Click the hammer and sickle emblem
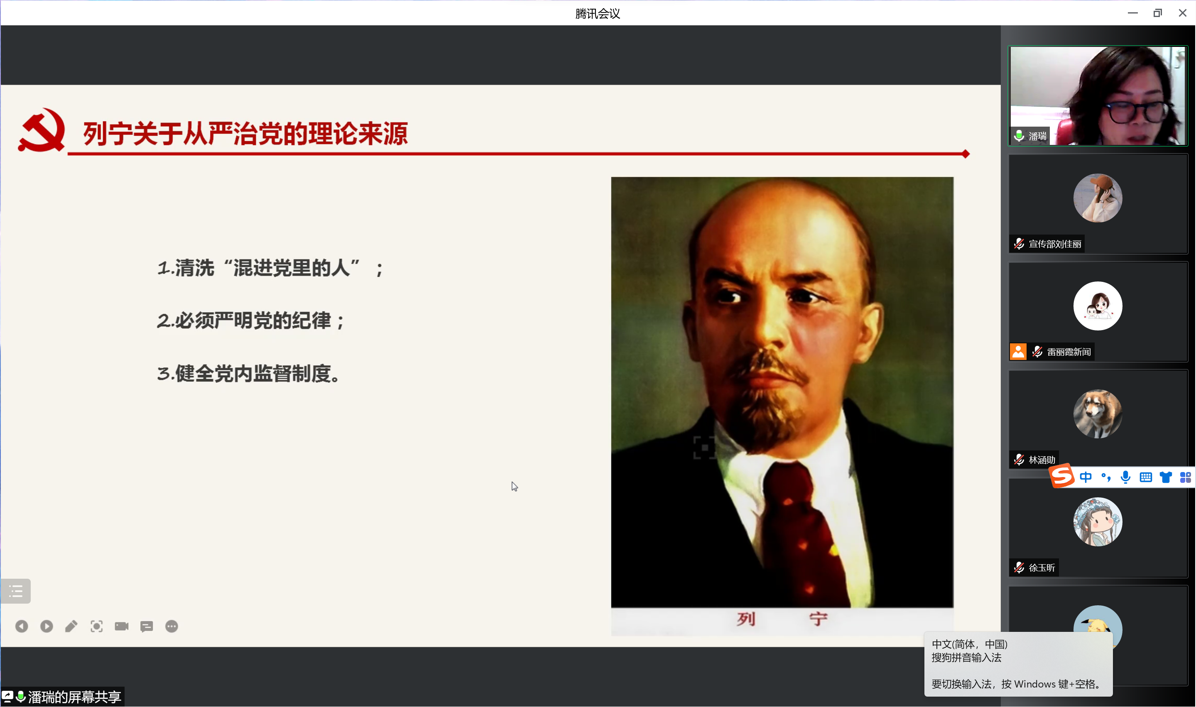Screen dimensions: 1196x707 click(42, 130)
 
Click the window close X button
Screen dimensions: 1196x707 click(1182, 13)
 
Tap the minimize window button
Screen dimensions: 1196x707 click(1132, 13)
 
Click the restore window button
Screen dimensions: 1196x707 click(1157, 13)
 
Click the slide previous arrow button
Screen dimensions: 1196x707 click(22, 626)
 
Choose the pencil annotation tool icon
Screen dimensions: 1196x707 click(71, 626)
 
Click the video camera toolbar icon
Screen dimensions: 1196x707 click(122, 626)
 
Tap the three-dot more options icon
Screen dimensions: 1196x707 click(172, 626)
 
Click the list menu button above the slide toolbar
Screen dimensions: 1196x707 click(16, 591)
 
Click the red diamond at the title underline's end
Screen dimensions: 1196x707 click(966, 154)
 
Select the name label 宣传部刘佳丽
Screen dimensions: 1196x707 click(1054, 244)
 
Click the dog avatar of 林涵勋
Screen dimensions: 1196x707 click(1097, 413)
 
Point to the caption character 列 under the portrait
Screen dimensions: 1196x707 click(746, 619)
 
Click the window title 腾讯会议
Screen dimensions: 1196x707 click(598, 13)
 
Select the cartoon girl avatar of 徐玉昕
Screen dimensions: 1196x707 click(1097, 522)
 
